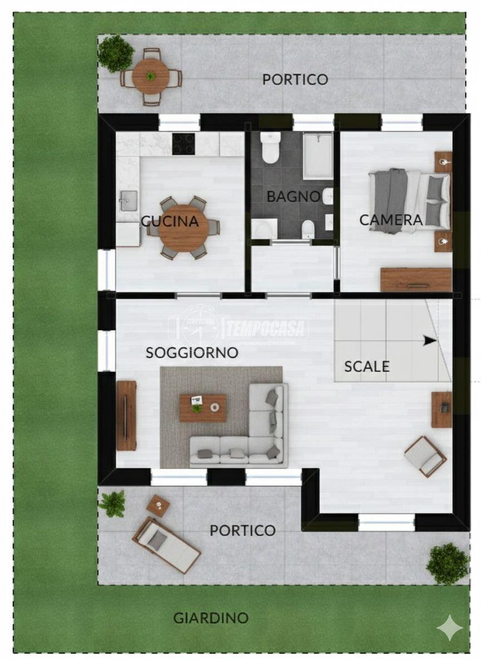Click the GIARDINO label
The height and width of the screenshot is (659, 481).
click(x=210, y=618)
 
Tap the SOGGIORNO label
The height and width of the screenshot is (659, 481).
click(x=192, y=352)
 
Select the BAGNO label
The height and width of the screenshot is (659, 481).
click(x=293, y=196)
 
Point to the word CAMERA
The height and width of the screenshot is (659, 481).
click(x=391, y=219)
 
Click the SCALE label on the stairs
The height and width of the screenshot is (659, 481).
click(x=367, y=366)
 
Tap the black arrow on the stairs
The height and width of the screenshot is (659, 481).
click(x=430, y=341)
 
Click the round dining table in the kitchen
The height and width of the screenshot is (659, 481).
click(x=184, y=228)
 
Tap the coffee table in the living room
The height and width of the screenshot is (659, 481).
click(x=203, y=407)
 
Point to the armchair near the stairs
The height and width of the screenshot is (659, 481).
click(x=425, y=456)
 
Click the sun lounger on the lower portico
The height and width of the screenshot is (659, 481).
click(x=166, y=545)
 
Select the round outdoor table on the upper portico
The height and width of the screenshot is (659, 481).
click(x=151, y=76)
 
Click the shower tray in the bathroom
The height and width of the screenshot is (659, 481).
click(x=318, y=155)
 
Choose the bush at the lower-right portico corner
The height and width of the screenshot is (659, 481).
click(x=448, y=564)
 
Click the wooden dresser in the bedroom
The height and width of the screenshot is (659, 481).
click(x=416, y=279)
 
